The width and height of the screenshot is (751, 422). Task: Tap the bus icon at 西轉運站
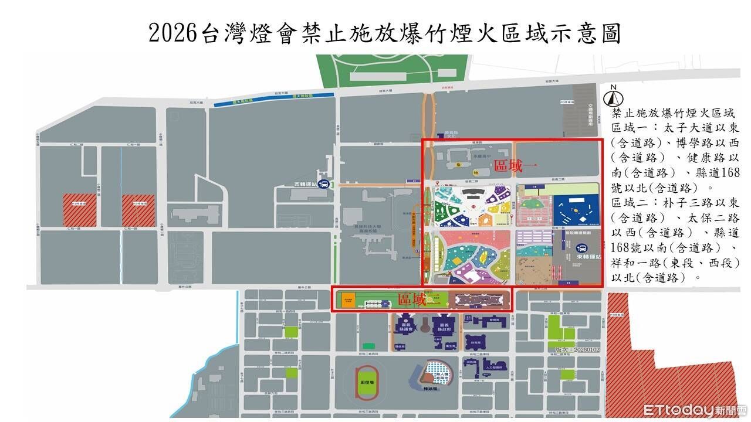pos(323,183)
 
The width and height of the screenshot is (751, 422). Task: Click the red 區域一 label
pos(509,166)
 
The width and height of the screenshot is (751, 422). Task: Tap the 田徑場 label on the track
pos(365,382)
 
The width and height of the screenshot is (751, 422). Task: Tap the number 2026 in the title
pos(171,33)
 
